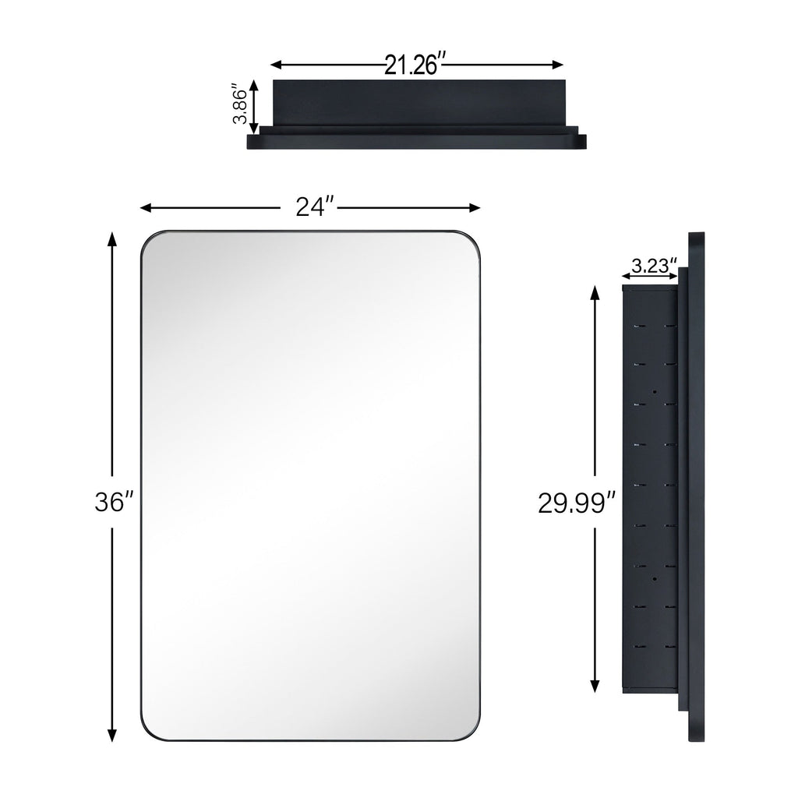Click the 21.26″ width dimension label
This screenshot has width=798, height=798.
point(414,65)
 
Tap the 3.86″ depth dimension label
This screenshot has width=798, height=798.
point(240,105)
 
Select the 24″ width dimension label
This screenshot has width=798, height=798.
point(315,207)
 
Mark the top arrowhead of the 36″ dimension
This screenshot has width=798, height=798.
point(112,238)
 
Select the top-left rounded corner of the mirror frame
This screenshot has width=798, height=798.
point(150,241)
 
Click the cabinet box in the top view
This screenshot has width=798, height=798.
point(417,101)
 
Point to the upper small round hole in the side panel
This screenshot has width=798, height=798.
point(655,391)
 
